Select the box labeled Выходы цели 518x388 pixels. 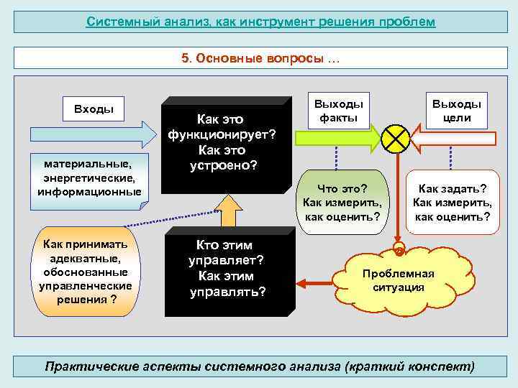tap(457, 110)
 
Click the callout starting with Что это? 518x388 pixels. tap(342, 202)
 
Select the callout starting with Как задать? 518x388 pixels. tap(452, 202)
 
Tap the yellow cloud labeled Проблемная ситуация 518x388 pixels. tap(398, 280)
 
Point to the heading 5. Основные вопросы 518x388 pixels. tap(260, 58)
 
